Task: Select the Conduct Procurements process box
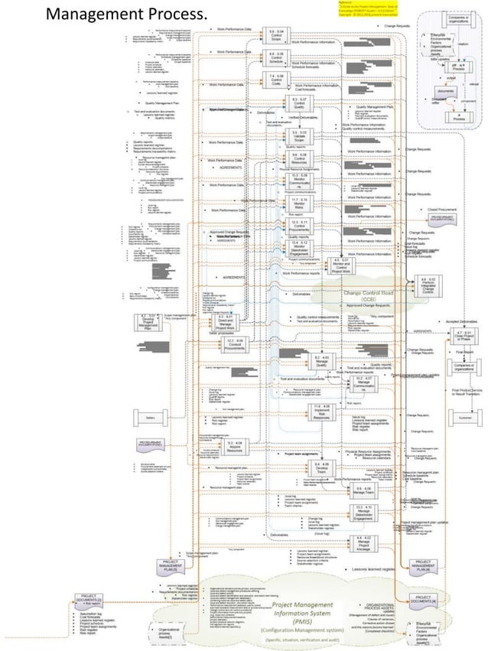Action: tap(225, 343)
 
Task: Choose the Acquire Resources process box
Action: tap(235, 446)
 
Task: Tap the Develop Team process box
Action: tap(321, 468)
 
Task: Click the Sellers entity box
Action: tap(150, 416)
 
